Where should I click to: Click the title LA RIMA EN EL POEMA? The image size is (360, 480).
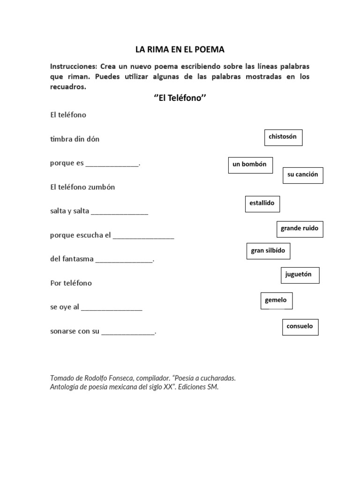click(180, 49)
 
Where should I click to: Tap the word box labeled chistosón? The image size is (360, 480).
click(283, 137)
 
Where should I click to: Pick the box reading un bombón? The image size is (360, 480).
click(250, 165)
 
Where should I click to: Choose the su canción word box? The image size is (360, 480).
click(303, 175)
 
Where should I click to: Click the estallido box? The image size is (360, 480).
click(262, 203)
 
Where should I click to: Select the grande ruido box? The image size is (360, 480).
click(300, 229)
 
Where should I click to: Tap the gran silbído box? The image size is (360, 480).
click(268, 251)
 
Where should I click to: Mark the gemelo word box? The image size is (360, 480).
click(276, 300)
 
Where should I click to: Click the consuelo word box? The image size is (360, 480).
click(300, 327)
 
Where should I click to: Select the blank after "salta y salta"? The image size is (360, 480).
click(120, 212)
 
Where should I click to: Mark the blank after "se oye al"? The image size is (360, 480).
click(112, 308)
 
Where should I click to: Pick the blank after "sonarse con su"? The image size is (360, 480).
click(128, 332)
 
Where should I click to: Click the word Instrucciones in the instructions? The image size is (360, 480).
click(73, 66)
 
